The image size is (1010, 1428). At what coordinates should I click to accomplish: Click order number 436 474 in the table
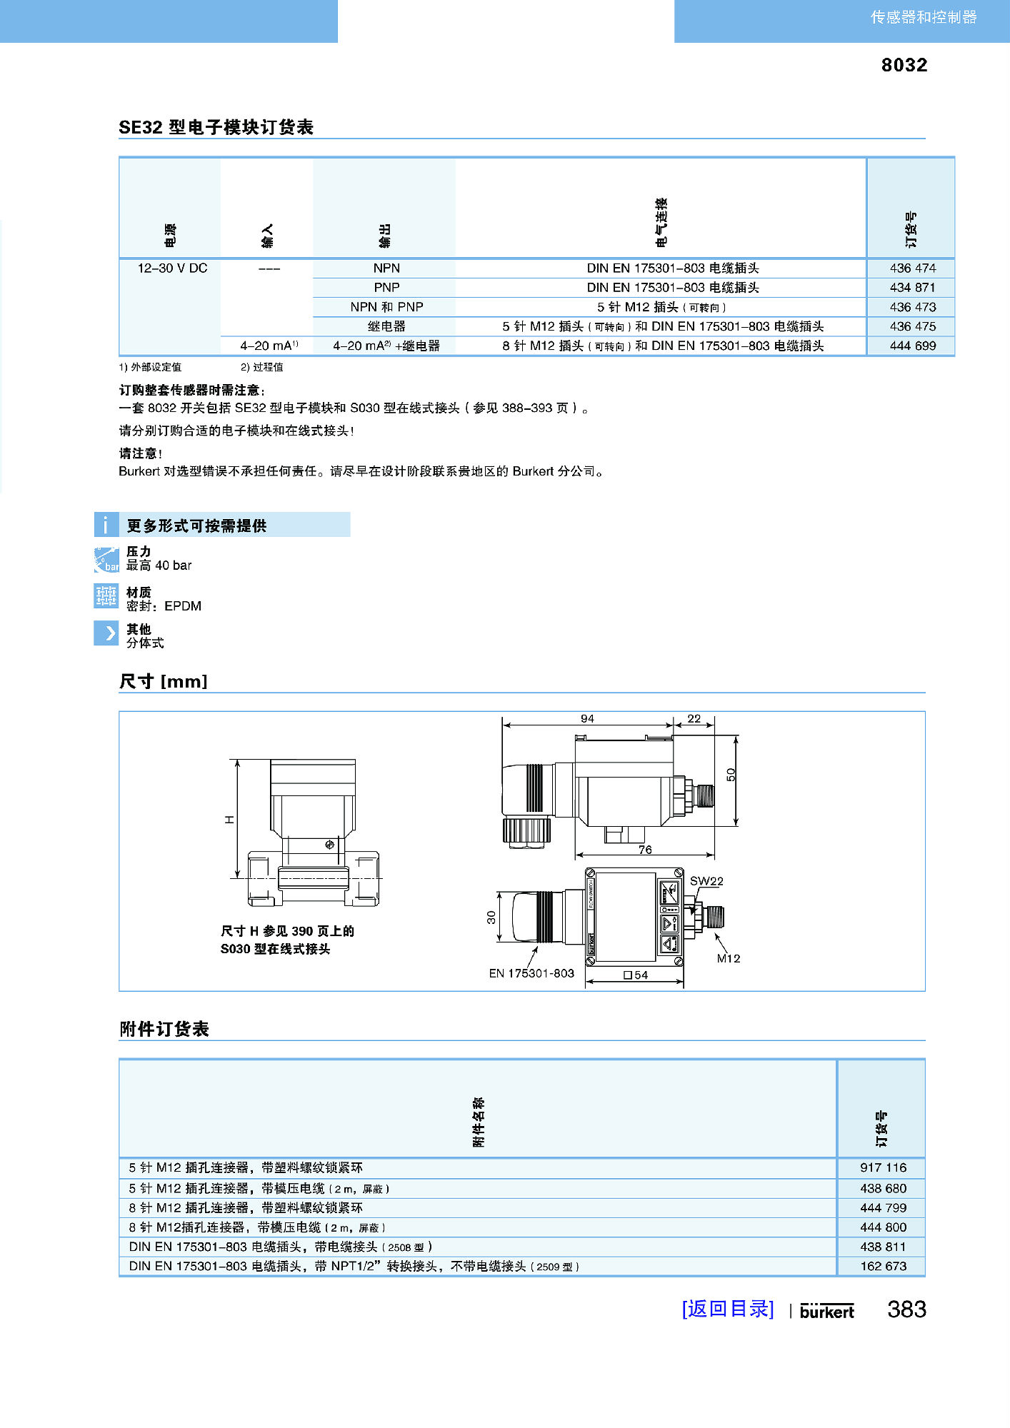pyautogui.click(x=912, y=268)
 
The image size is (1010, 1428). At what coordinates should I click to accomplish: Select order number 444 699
pyautogui.click(x=912, y=346)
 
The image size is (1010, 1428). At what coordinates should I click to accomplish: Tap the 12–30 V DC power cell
pyautogui.click(x=172, y=268)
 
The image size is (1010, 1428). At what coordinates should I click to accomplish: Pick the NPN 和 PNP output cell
pyautogui.click(x=386, y=307)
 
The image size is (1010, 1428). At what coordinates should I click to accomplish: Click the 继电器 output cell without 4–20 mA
pyautogui.click(x=386, y=326)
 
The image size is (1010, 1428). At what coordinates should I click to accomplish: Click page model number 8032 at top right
pyautogui.click(x=904, y=65)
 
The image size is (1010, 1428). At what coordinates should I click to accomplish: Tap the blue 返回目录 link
pyautogui.click(x=727, y=1309)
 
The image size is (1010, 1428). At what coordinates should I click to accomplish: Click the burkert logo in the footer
pyautogui.click(x=826, y=1311)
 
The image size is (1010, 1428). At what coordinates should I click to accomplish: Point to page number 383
pyautogui.click(x=906, y=1309)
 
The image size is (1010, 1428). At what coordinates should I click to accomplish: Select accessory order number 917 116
pyautogui.click(x=883, y=1167)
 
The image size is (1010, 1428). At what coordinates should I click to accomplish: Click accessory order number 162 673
pyautogui.click(x=883, y=1266)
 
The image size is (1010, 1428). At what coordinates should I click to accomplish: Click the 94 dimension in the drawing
pyautogui.click(x=587, y=718)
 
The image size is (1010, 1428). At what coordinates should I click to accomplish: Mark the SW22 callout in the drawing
pyautogui.click(x=706, y=881)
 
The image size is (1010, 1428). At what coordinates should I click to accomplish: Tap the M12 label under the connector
pyautogui.click(x=729, y=958)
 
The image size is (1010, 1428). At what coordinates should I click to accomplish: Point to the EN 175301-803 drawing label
pyautogui.click(x=531, y=973)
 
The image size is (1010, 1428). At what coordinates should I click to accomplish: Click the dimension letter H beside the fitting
pyautogui.click(x=229, y=820)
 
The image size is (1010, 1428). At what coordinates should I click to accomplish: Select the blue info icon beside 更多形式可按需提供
pyautogui.click(x=106, y=525)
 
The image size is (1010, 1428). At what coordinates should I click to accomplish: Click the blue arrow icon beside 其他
pyautogui.click(x=106, y=633)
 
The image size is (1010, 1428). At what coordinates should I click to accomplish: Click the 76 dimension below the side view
pyautogui.click(x=645, y=849)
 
